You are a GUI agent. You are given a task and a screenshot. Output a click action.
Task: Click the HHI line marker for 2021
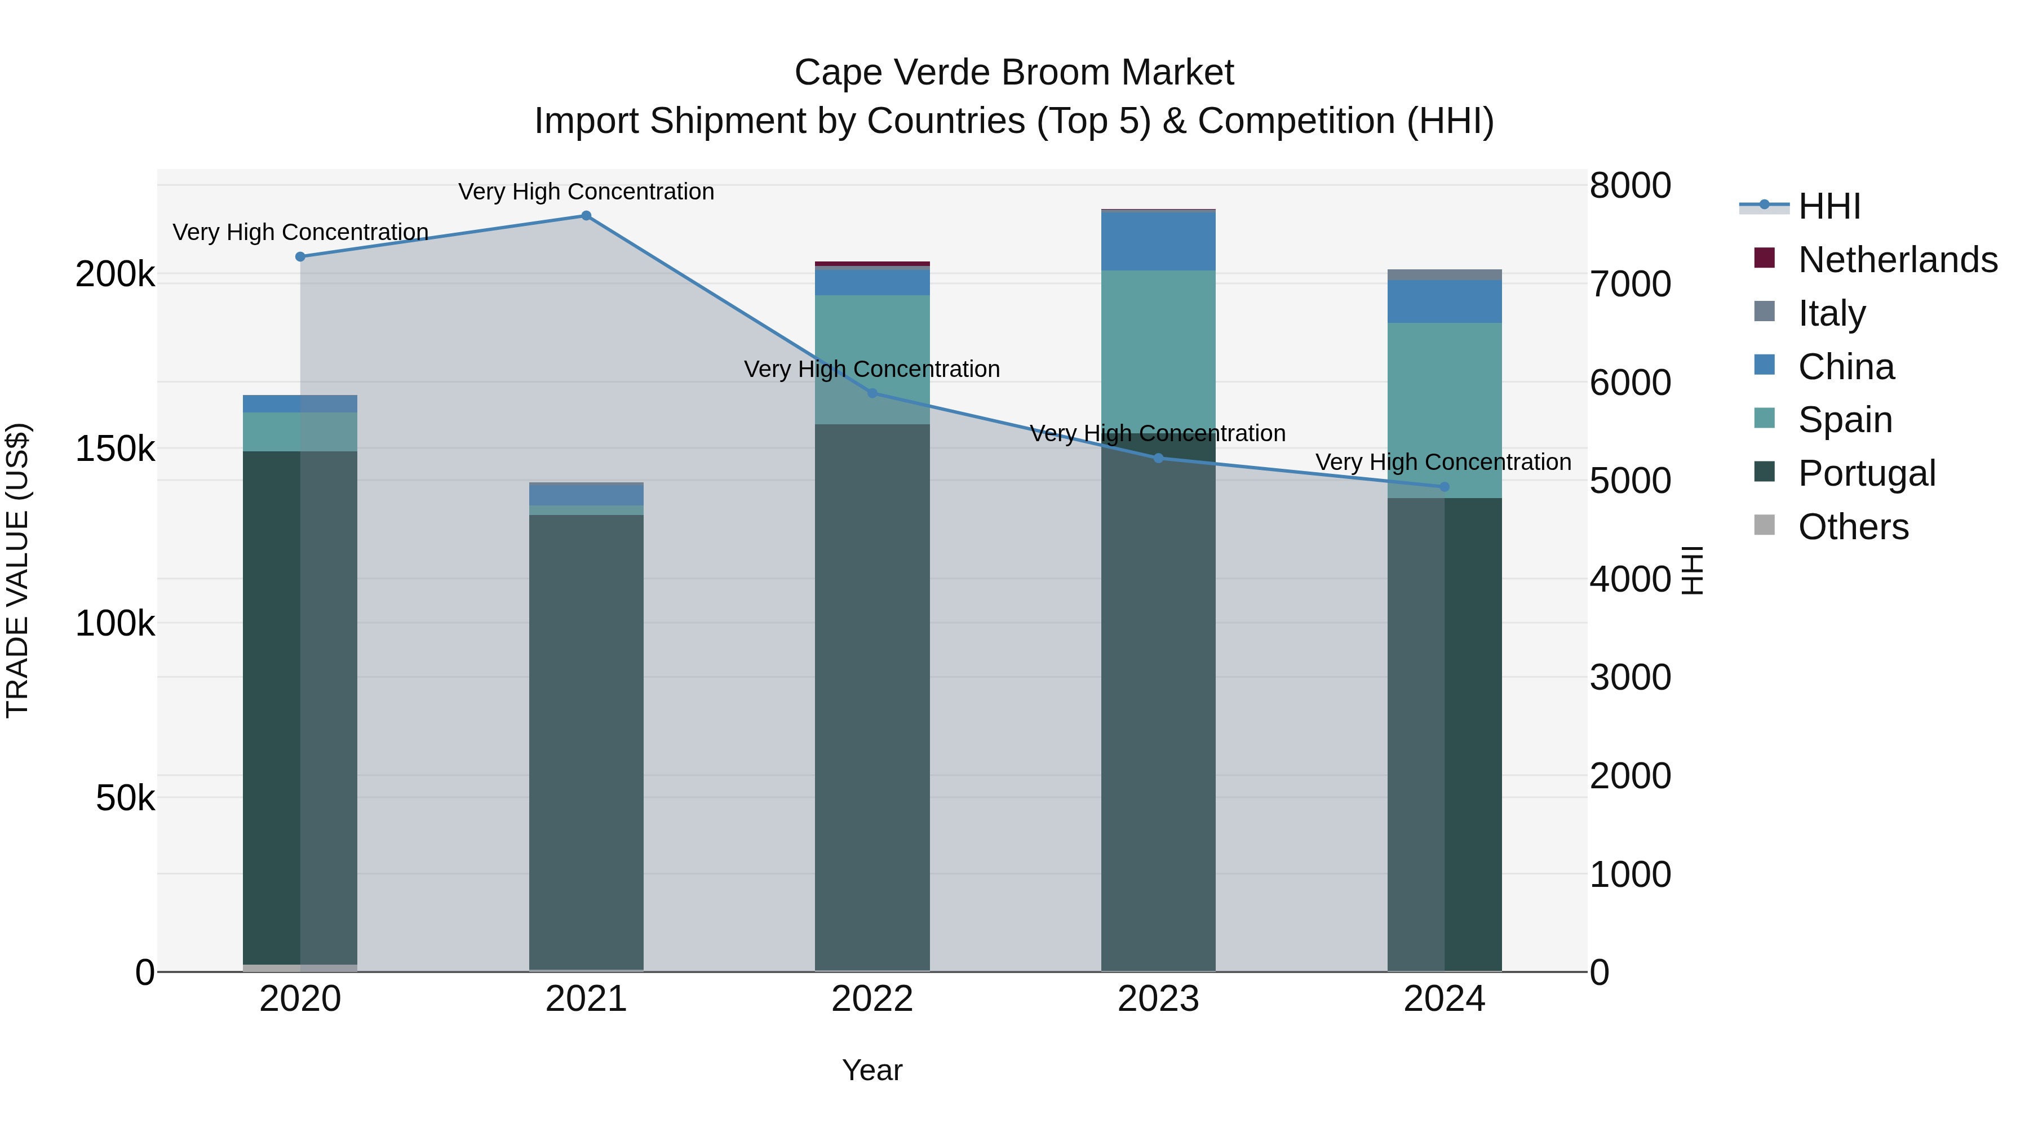pos(586,216)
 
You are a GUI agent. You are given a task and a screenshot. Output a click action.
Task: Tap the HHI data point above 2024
pos(1444,487)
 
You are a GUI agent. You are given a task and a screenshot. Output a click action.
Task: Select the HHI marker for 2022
pos(872,393)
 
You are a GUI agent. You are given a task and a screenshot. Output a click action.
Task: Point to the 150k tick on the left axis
pos(115,449)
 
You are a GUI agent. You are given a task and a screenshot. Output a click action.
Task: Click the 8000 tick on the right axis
pos(1629,186)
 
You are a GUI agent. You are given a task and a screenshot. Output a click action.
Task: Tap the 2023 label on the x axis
pos(1158,999)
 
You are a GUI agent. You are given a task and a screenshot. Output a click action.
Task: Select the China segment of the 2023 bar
pos(1158,241)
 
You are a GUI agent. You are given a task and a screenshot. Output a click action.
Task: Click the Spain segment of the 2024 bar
pos(1444,410)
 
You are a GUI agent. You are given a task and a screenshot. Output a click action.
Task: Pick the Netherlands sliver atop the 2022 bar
pos(872,264)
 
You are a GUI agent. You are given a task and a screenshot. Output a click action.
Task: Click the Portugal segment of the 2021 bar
pos(586,740)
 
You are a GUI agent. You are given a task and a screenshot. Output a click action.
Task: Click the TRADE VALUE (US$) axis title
pos(17,570)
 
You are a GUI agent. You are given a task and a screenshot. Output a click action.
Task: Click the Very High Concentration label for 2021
pos(586,192)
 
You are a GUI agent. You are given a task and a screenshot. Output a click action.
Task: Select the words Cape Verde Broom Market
pos(1014,73)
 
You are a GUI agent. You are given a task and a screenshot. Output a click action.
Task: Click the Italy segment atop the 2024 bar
pos(1444,274)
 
